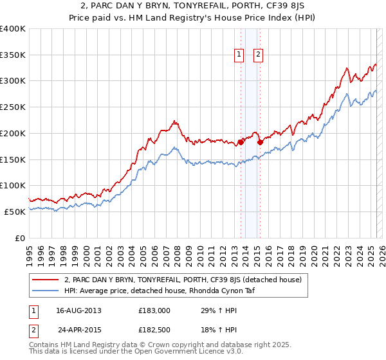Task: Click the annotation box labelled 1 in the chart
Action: [x=239, y=55]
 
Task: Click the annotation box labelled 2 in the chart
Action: [x=258, y=55]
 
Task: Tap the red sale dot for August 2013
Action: [x=241, y=141]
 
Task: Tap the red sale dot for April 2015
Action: [x=260, y=142]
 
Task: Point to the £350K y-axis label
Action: [x=13, y=55]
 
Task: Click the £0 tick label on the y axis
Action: [x=21, y=238]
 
